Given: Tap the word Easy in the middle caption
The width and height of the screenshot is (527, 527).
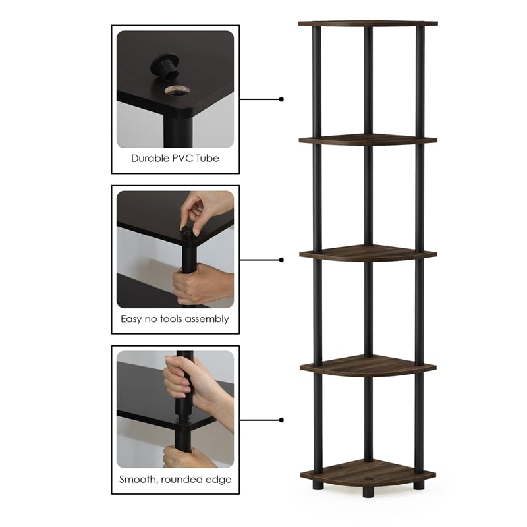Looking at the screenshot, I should (132, 319).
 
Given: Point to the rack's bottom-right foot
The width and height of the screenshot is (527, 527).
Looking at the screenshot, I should (419, 485).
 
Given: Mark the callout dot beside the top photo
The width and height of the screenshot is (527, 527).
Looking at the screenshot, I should (281, 99).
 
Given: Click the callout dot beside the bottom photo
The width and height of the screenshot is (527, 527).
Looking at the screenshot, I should (281, 420).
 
